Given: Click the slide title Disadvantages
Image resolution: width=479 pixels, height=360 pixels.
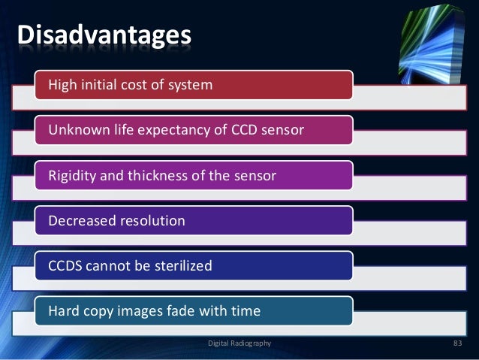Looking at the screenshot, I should [x=104, y=35].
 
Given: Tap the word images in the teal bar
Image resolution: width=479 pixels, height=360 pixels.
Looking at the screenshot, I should [x=134, y=311].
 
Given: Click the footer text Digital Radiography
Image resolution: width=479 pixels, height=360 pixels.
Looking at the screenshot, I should [x=239, y=343].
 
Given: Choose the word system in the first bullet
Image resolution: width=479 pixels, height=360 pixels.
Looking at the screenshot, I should [x=194, y=86].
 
